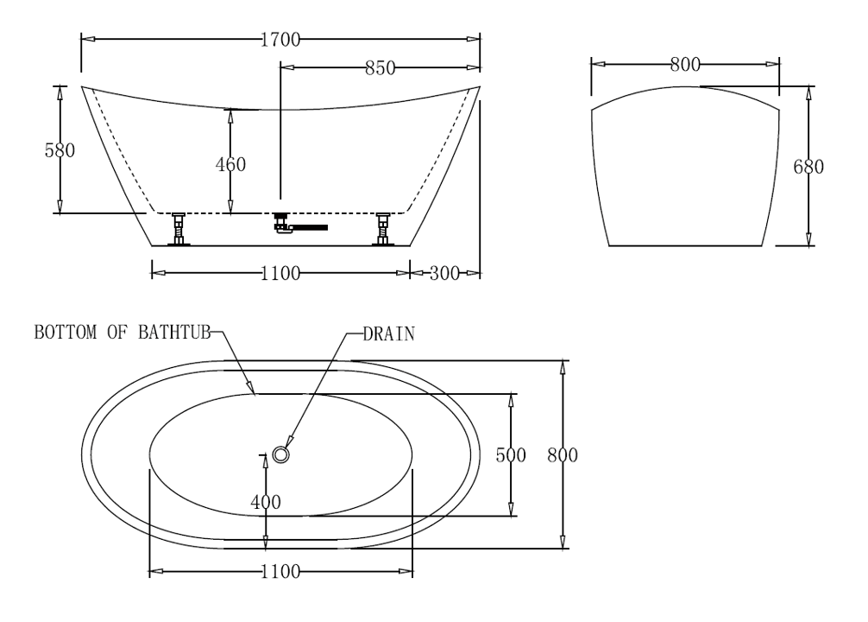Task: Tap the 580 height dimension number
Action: [x=60, y=149]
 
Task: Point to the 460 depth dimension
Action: [x=230, y=164]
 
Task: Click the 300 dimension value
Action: [x=444, y=273]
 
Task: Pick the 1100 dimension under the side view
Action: [x=280, y=273]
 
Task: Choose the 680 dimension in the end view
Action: [x=808, y=167]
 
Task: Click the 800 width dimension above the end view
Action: [x=684, y=63]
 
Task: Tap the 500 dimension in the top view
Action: [x=511, y=455]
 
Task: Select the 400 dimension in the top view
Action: [x=266, y=500]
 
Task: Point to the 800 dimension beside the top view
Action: [x=562, y=455]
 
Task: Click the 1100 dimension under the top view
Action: [x=280, y=572]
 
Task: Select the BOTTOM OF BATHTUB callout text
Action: [x=122, y=333]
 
